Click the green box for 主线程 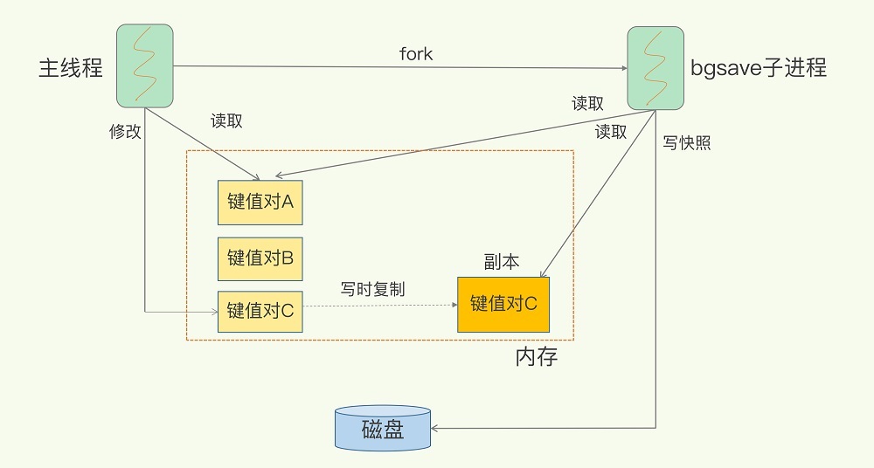point(145,65)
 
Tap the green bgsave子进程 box point(655,68)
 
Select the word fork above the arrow point(416,53)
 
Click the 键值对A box point(260,203)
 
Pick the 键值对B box point(260,258)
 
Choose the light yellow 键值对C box point(260,311)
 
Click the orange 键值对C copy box point(503,304)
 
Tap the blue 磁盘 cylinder point(383,428)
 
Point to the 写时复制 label point(372,289)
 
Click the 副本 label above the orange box point(502,262)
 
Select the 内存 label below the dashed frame point(537,356)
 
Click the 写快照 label point(687,142)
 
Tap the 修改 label point(125,132)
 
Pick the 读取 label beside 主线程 point(226,120)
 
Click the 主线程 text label point(71,67)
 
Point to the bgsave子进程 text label point(759,67)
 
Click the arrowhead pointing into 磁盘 point(434,429)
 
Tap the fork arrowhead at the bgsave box point(624,68)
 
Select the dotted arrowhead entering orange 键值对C point(454,305)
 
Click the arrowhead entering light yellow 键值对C point(215,312)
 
